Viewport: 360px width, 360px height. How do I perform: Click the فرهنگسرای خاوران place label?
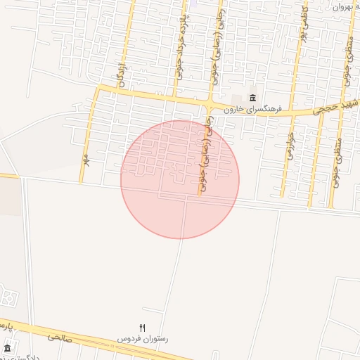point(252,110)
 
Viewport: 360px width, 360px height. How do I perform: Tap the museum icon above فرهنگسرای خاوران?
point(252,98)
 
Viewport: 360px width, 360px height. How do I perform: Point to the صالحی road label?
point(61,337)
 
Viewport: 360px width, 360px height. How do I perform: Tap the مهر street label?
point(84,160)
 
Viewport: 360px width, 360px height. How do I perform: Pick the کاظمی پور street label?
point(305,21)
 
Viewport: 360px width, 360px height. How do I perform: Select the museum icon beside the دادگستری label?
point(7,348)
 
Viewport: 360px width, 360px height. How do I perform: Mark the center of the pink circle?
point(180,179)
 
